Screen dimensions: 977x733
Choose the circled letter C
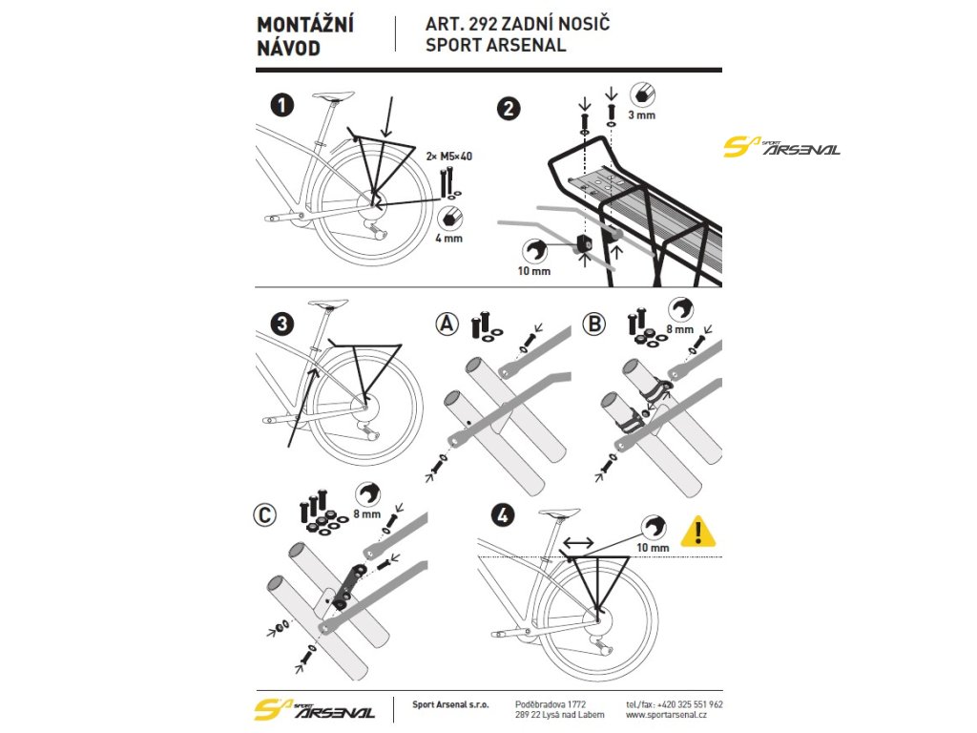[x=265, y=516]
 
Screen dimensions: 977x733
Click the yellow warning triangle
[x=698, y=531]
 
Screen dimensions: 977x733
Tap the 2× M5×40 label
[x=449, y=155]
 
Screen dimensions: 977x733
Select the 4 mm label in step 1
[x=447, y=238]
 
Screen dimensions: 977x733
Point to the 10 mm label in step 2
[x=535, y=272]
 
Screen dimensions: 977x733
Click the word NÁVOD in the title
[x=289, y=47]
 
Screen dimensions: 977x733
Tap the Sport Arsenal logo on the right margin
[x=781, y=147]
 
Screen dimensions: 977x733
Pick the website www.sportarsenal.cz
[x=666, y=715]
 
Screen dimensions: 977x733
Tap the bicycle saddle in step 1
[x=332, y=96]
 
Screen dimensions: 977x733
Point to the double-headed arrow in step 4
[x=578, y=542]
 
